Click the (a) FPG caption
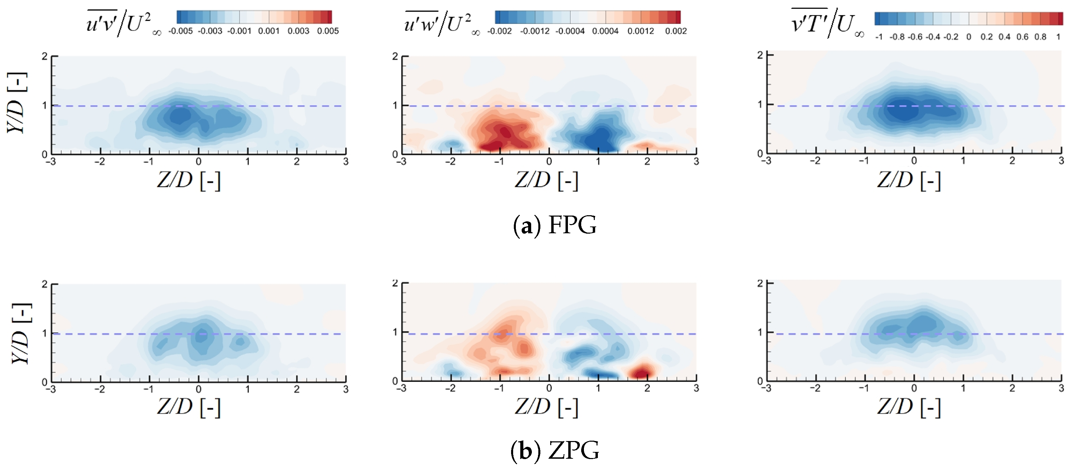click(555, 225)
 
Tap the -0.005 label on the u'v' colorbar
click(180, 31)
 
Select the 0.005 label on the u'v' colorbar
click(328, 31)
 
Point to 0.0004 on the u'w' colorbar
click(605, 31)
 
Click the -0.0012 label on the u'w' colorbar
click(534, 31)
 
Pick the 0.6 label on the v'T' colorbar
click(1022, 37)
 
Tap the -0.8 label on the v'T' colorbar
click(897, 37)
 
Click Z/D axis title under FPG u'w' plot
click(546, 180)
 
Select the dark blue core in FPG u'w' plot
click(601, 138)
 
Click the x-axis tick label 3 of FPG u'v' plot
click(346, 162)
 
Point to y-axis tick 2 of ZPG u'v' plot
click(44, 284)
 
